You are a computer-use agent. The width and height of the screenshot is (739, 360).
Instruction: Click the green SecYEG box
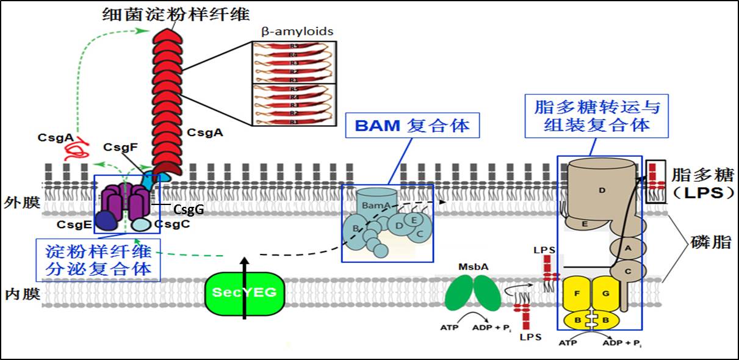[244, 292]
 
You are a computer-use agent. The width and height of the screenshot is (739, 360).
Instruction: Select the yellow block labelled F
[577, 293]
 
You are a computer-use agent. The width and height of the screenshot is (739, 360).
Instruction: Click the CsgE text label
[74, 225]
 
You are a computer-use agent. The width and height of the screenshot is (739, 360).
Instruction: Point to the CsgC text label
[172, 225]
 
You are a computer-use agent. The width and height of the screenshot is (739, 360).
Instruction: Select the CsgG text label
[189, 210]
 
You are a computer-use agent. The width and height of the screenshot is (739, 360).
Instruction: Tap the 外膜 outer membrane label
[21, 202]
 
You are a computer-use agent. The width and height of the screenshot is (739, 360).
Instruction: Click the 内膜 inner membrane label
[21, 295]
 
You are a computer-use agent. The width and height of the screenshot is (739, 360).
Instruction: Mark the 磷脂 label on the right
[713, 241]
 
